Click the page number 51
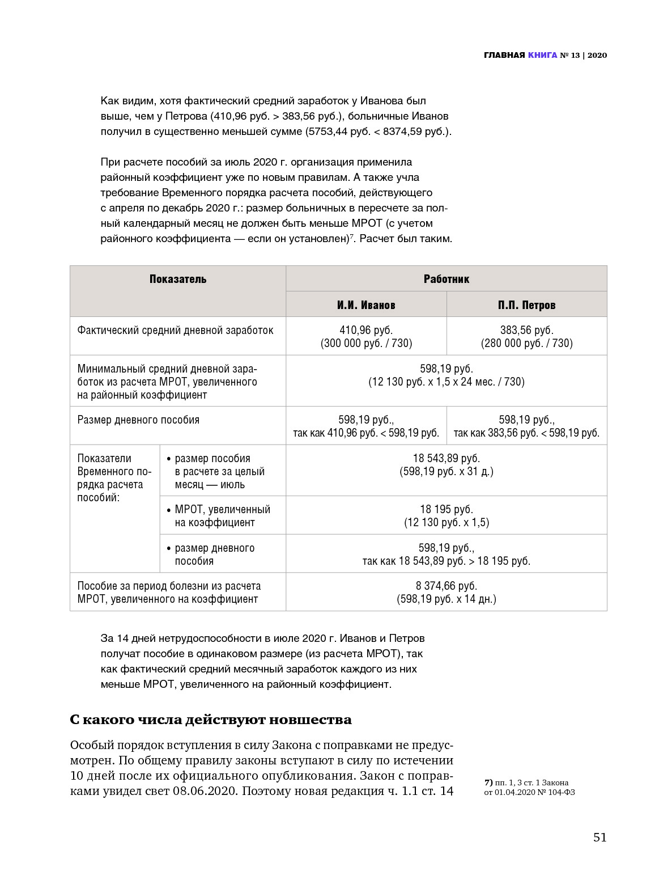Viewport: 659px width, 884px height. click(600, 838)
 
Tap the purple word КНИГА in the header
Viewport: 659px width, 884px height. click(542, 55)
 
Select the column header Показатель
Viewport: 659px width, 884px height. click(178, 279)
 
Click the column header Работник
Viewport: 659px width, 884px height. click(446, 279)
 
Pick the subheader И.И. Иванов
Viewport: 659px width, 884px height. click(366, 305)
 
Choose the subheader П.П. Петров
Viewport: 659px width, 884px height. click(526, 305)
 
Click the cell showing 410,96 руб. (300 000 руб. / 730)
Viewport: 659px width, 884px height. click(366, 336)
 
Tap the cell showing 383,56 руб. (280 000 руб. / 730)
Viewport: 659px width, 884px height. click(526, 336)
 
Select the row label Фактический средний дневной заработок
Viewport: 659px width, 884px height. click(175, 330)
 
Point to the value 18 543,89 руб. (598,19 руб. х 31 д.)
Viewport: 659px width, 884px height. click(446, 465)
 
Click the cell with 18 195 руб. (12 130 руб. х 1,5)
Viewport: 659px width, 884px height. click(446, 515)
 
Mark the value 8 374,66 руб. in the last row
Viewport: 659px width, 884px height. click(446, 586)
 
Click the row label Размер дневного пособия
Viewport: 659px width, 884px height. click(138, 420)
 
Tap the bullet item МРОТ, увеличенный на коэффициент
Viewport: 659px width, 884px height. click(222, 516)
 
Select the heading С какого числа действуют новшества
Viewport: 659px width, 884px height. click(211, 720)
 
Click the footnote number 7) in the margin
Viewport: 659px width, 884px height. click(488, 783)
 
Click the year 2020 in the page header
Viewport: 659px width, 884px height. click(597, 55)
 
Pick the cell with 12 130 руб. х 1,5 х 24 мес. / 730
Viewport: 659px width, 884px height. click(446, 382)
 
